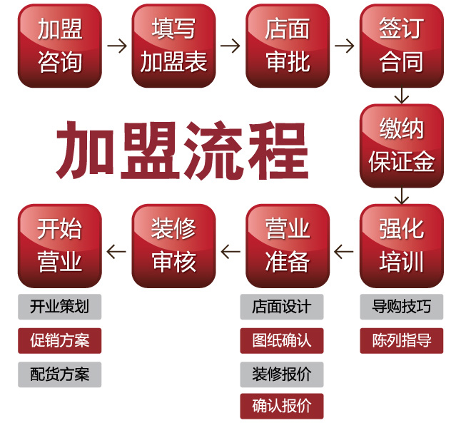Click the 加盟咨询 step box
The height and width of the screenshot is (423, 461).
click(x=60, y=46)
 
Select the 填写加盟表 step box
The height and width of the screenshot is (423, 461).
click(x=173, y=46)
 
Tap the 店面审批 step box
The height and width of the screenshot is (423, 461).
click(x=288, y=46)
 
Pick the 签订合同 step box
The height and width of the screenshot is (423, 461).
click(x=402, y=46)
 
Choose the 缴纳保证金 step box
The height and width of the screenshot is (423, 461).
click(x=402, y=146)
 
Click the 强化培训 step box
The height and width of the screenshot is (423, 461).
click(x=402, y=246)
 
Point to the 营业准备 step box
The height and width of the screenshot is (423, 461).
click(x=288, y=246)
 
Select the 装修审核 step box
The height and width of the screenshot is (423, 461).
click(x=173, y=246)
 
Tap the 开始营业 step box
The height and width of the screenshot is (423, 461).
click(x=60, y=246)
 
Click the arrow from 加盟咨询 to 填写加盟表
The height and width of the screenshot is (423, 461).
click(x=117, y=46)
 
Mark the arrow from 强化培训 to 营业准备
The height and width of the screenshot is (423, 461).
click(x=345, y=250)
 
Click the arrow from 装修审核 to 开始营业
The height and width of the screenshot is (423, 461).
click(x=116, y=250)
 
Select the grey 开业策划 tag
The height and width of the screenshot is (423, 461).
click(x=60, y=307)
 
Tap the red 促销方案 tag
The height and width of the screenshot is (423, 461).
click(x=60, y=340)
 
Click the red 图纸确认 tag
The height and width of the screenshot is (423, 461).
click(x=281, y=340)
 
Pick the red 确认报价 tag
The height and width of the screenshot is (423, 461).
click(x=281, y=406)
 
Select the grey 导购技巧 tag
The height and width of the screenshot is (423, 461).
click(x=402, y=307)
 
